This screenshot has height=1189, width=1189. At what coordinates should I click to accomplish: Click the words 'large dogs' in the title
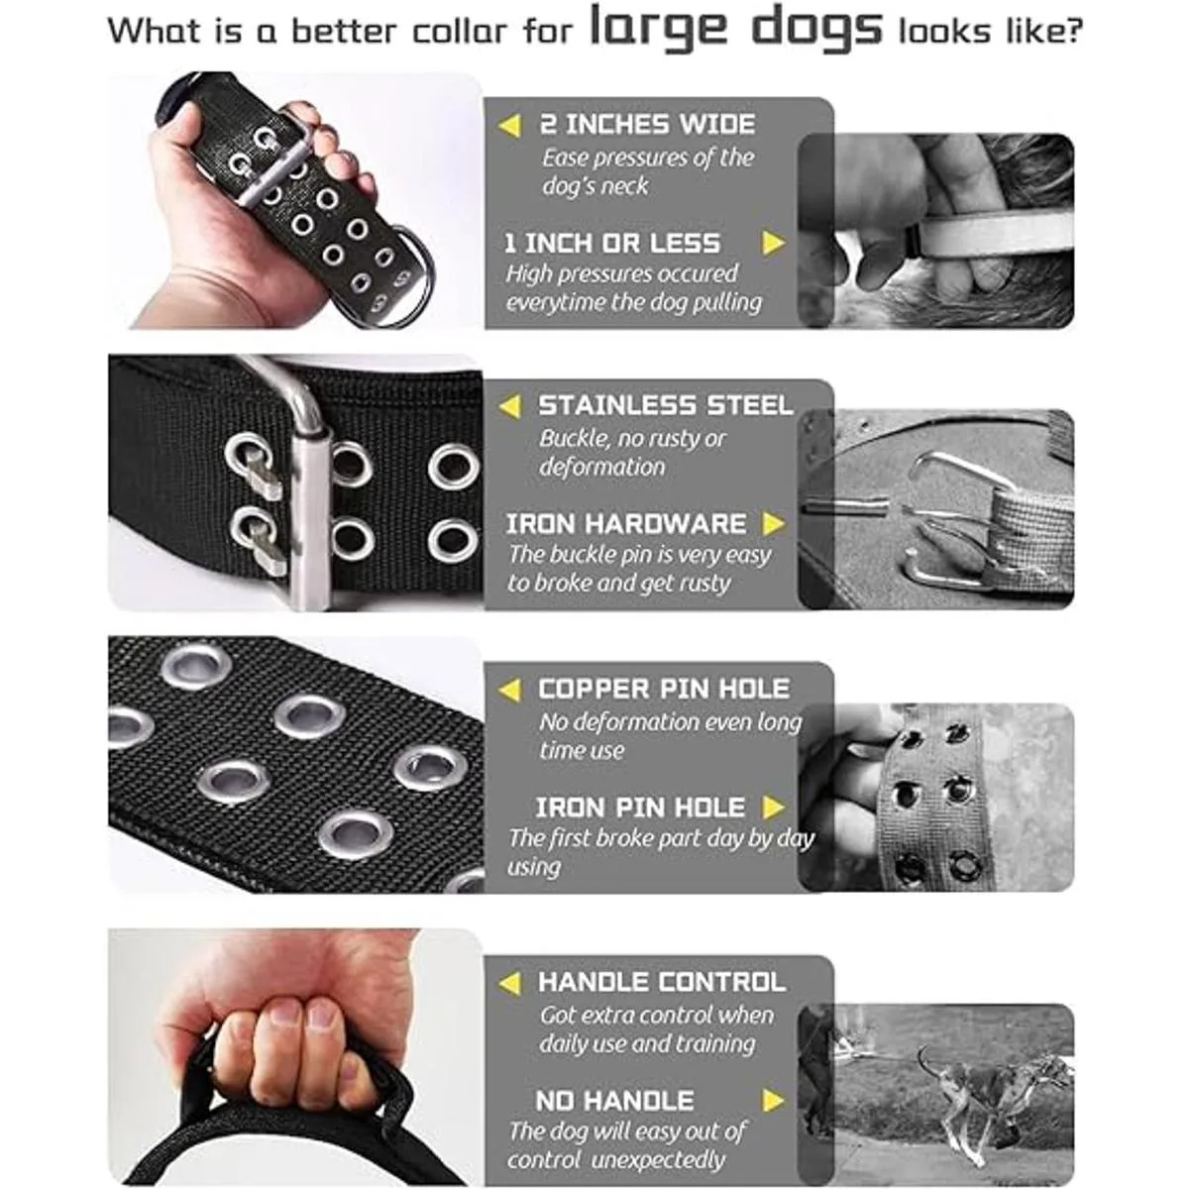[736, 29]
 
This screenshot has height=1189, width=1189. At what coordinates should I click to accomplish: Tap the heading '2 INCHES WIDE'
[647, 125]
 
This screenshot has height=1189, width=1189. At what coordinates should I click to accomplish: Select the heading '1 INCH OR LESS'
[612, 244]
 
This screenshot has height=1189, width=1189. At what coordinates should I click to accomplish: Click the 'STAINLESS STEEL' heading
[665, 405]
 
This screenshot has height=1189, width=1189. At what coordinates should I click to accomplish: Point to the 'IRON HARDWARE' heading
[625, 524]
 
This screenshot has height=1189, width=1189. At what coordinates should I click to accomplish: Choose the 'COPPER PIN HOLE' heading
[663, 690]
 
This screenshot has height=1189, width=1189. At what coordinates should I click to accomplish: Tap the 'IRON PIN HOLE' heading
[640, 808]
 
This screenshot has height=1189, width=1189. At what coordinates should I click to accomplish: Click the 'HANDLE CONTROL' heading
[662, 982]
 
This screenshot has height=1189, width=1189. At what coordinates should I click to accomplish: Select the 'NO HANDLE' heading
[614, 1101]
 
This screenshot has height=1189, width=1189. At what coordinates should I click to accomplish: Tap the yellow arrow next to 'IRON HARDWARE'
[773, 524]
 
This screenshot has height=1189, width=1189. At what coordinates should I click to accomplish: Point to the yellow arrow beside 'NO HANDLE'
[773, 1101]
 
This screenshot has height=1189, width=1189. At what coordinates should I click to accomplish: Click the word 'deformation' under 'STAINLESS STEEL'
[602, 467]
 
